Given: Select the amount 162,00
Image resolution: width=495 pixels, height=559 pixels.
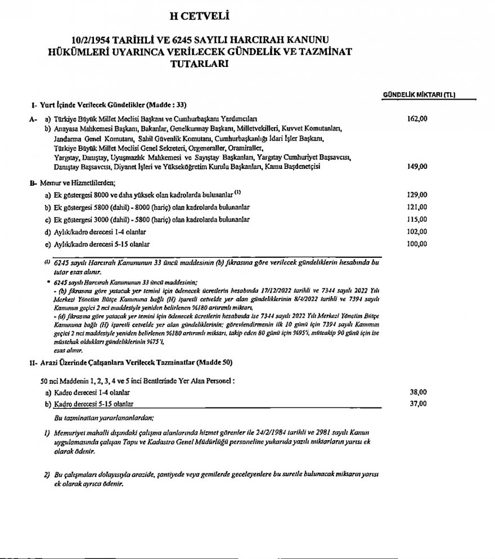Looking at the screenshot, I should pyautogui.click(x=417, y=119).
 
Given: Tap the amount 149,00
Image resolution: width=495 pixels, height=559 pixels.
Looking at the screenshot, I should pyautogui.click(x=417, y=167).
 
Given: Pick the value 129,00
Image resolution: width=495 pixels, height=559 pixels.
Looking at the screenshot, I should pyautogui.click(x=417, y=195).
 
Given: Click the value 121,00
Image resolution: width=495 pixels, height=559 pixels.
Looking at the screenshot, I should pyautogui.click(x=417, y=207).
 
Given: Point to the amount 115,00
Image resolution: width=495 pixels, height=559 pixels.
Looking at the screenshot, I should pyautogui.click(x=417, y=219).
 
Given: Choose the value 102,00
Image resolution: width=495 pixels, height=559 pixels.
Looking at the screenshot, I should pyautogui.click(x=417, y=231).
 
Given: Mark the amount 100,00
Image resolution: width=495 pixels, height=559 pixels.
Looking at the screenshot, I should pyautogui.click(x=417, y=244).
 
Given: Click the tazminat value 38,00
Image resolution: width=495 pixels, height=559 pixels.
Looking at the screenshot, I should pyautogui.click(x=418, y=392).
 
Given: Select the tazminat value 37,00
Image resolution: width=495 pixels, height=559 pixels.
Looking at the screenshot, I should pyautogui.click(x=418, y=404).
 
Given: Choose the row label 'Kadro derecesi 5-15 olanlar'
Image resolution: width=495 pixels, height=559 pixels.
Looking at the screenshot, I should pyautogui.click(x=94, y=404).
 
